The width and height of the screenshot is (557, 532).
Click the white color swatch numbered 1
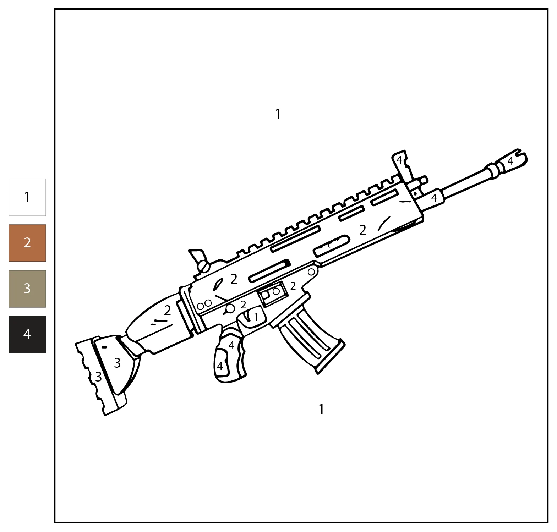tap(27, 197)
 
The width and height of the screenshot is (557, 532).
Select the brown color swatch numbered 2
tap(27, 243)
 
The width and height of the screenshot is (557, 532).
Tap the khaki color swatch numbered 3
tap(27, 289)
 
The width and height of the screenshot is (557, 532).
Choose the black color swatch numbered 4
tap(27, 334)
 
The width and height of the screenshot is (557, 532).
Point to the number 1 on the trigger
tap(256, 317)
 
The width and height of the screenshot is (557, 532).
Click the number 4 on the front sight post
tap(399, 160)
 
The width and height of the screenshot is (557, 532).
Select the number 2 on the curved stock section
tap(167, 311)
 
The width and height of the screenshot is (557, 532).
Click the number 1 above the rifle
tap(278, 114)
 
